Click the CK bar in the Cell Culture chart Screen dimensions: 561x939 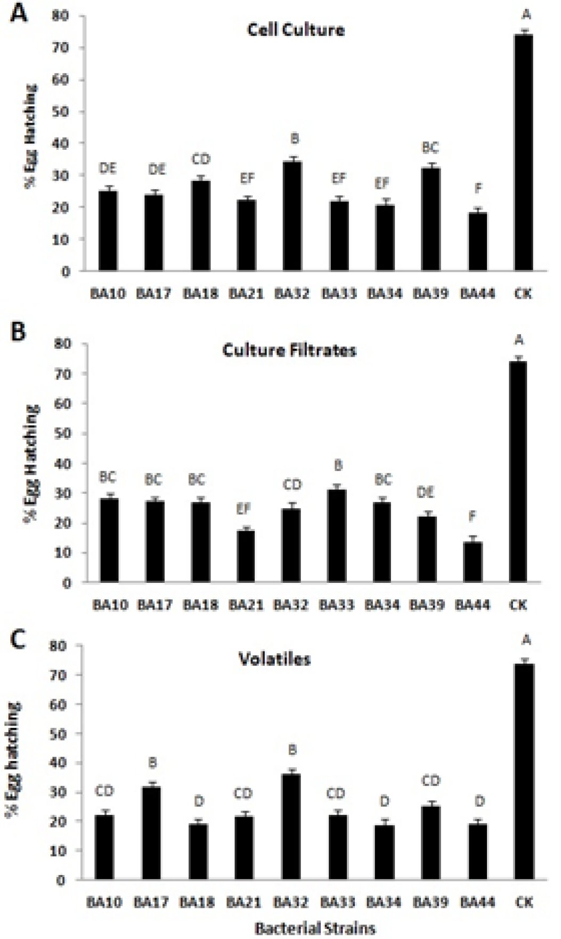click(523, 153)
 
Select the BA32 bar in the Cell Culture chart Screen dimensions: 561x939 click(292, 216)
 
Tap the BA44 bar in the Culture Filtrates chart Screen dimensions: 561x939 click(473, 562)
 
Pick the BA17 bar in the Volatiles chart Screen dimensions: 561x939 click(151, 833)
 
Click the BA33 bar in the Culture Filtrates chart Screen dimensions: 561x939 click(337, 536)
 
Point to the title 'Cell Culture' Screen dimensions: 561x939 click(296, 29)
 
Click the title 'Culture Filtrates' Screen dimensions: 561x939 click(289, 350)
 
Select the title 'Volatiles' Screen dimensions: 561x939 click(274, 659)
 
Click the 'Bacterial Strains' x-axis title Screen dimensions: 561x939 click(315, 928)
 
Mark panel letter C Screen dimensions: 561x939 click(18, 640)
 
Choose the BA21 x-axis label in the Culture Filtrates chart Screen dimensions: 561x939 click(246, 605)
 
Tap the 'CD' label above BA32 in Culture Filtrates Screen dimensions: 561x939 click(292, 485)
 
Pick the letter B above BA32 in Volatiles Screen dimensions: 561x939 click(292, 750)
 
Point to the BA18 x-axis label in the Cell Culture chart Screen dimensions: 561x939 click(200, 293)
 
